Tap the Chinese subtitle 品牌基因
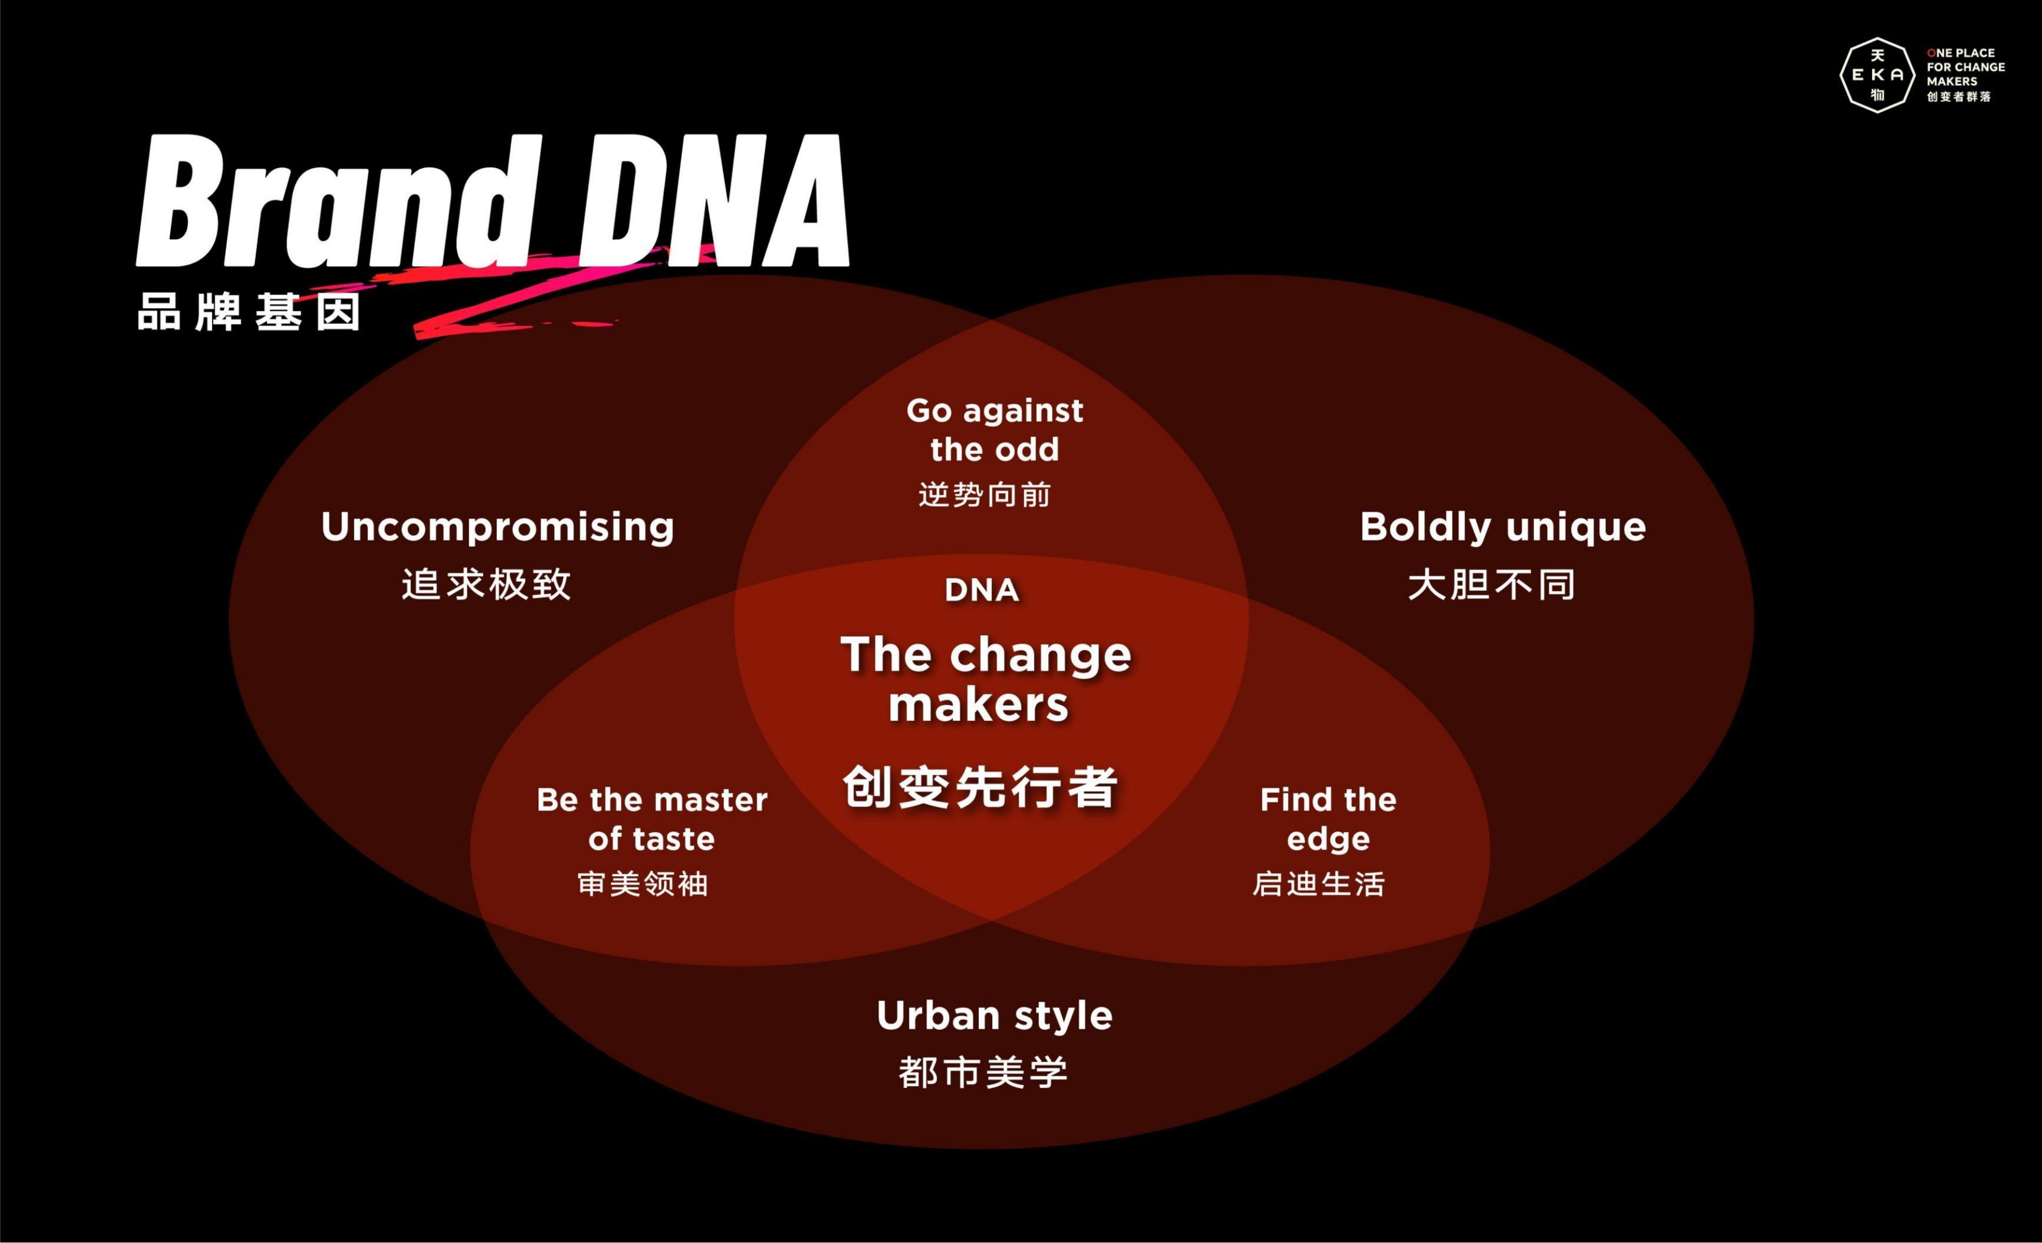(249, 312)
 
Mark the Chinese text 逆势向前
(984, 495)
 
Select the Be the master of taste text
(652, 819)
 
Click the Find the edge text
(1328, 819)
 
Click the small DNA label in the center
(982, 590)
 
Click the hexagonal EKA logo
(1878, 75)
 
